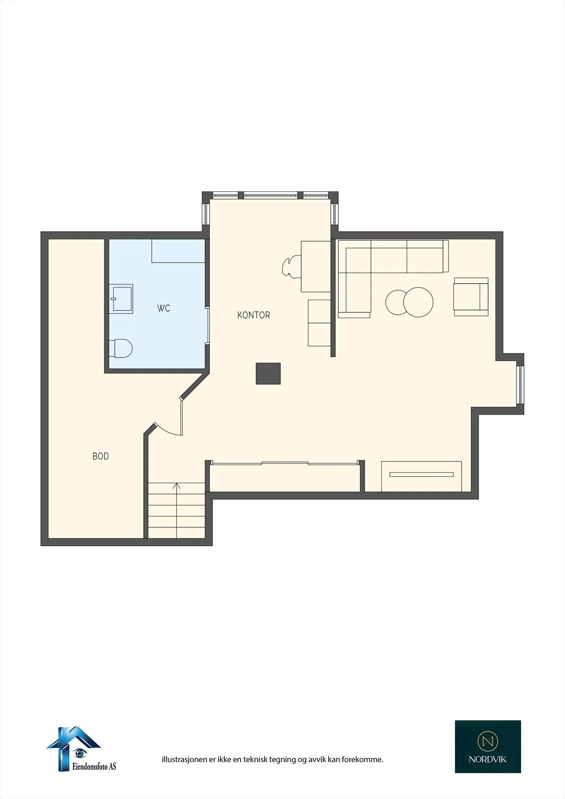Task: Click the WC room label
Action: click(x=163, y=308)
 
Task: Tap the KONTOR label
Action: click(x=253, y=315)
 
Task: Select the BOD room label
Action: click(x=100, y=456)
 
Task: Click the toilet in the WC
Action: click(x=120, y=348)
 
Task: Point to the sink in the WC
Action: click(x=121, y=299)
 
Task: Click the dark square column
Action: click(x=268, y=374)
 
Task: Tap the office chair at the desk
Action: click(x=291, y=266)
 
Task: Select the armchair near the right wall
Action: click(x=471, y=297)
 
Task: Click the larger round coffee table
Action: click(x=418, y=302)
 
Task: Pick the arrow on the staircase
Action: click(x=177, y=510)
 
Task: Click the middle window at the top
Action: click(x=270, y=195)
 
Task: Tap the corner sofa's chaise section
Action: click(x=354, y=295)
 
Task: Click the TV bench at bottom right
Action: click(x=421, y=476)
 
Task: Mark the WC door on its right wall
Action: click(x=207, y=325)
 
